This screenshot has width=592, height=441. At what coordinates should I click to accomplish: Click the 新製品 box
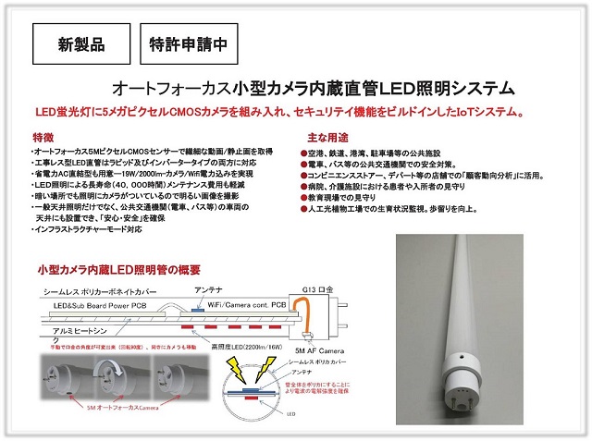80,43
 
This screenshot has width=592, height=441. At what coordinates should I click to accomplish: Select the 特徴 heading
43,137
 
